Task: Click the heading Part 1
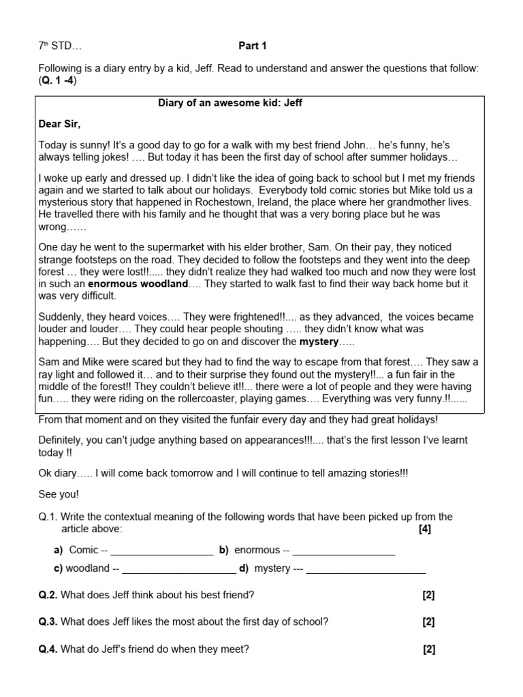tap(252, 46)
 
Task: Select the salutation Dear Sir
tap(59, 124)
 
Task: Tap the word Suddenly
tap(63, 317)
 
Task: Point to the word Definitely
tap(63, 440)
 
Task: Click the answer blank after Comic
tap(161, 551)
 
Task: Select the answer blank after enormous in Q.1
tap(344, 551)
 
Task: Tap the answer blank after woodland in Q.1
tap(179, 569)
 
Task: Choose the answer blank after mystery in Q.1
tap(366, 569)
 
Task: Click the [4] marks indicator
tap(425, 529)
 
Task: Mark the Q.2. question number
tap(48, 595)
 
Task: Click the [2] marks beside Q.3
tap(428, 621)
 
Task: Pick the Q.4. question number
tap(48, 649)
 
